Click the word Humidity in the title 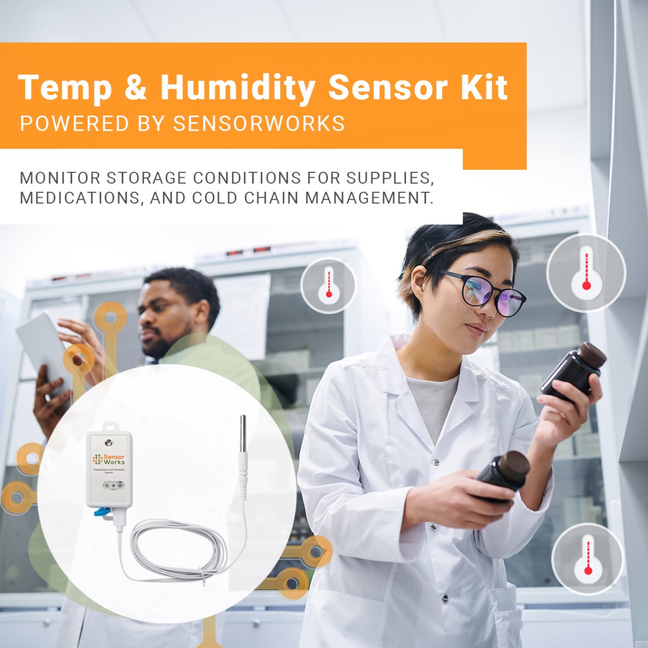[238, 87]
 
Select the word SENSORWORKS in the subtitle [259, 124]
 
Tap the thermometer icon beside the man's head [328, 285]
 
